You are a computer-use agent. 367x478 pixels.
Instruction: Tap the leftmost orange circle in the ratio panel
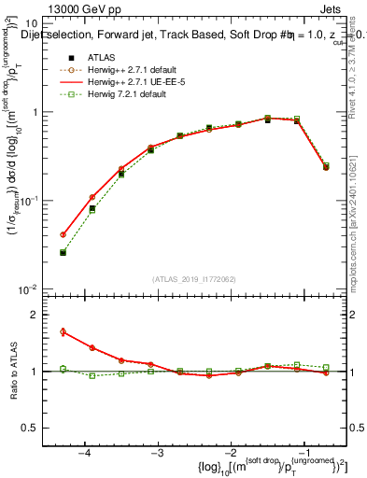click(x=63, y=331)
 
